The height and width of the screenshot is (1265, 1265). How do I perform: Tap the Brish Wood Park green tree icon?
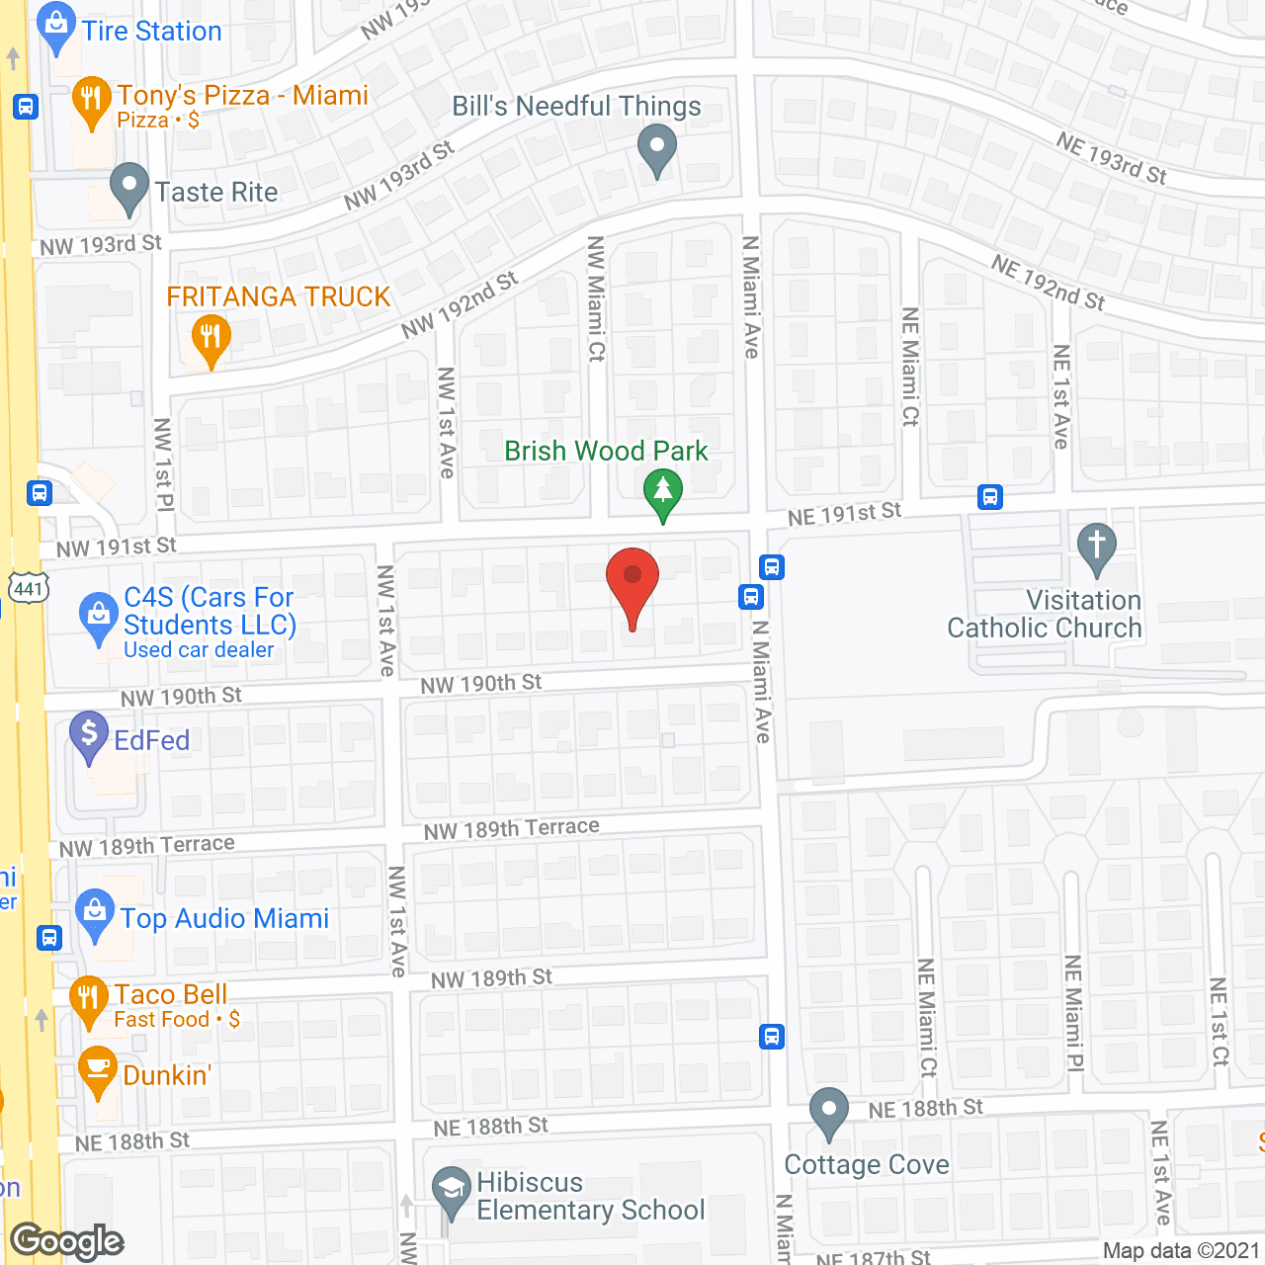663,491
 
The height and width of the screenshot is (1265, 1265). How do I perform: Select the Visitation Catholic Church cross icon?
1096,547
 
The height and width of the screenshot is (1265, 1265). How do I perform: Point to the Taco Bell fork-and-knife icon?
88,1000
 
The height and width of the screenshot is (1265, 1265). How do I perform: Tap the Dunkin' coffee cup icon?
97,1070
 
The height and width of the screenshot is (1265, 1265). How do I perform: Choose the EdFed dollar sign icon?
89,735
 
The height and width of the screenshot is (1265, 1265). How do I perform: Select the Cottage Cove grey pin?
828,1111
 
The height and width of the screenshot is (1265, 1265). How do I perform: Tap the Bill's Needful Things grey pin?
657,149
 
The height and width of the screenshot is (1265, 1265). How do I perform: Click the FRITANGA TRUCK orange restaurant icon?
211,339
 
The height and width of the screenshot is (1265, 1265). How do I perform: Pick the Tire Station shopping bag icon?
56,27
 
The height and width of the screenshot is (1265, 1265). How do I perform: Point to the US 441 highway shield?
28,588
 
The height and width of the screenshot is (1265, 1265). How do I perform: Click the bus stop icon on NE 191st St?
990,497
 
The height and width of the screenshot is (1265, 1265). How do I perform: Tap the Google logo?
67,1241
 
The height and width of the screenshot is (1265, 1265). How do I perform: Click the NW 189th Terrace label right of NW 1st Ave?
511,828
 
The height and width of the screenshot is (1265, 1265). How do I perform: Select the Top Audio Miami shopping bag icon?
95,913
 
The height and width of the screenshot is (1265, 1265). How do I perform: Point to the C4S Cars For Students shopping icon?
98,616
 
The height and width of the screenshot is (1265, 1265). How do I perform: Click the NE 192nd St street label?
1048,284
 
